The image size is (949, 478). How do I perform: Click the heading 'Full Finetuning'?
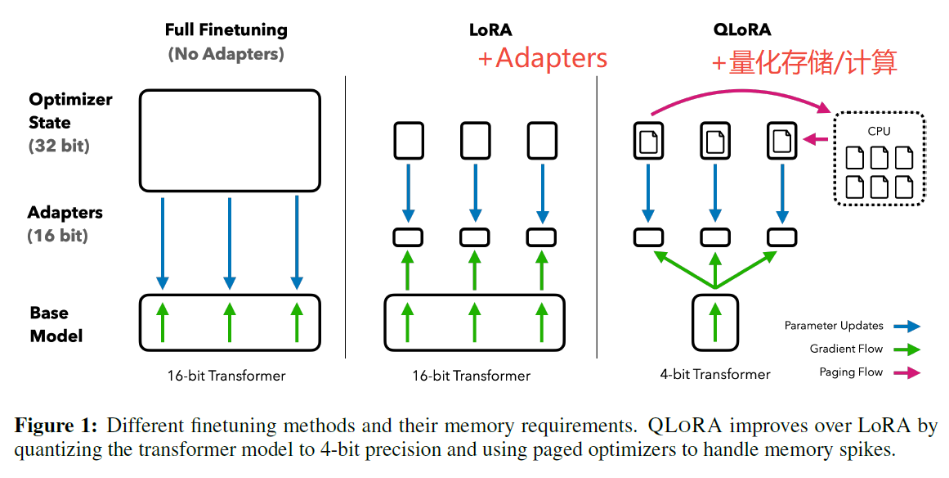click(x=226, y=30)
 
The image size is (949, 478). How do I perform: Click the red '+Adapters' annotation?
click(x=543, y=57)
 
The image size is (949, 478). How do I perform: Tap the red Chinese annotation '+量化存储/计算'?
click(x=804, y=61)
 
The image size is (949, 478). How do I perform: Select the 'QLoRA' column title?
click(x=741, y=30)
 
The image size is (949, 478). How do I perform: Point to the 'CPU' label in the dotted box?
click(x=880, y=131)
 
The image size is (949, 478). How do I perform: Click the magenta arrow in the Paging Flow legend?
click(x=907, y=372)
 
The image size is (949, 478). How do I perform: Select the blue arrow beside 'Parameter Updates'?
click(x=907, y=326)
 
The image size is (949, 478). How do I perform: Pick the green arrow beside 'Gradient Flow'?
click(x=907, y=349)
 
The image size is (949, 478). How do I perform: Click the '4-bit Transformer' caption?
click(x=715, y=375)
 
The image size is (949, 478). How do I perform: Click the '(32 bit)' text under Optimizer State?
click(x=60, y=147)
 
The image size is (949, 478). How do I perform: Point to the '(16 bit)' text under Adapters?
click(x=58, y=236)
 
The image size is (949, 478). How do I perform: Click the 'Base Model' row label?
click(x=56, y=324)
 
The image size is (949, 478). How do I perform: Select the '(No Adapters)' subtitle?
click(x=226, y=55)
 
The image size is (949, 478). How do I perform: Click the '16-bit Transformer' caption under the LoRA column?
click(x=472, y=377)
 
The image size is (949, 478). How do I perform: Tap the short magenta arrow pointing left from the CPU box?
click(x=815, y=140)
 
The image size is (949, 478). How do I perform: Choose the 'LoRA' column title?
click(x=490, y=30)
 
